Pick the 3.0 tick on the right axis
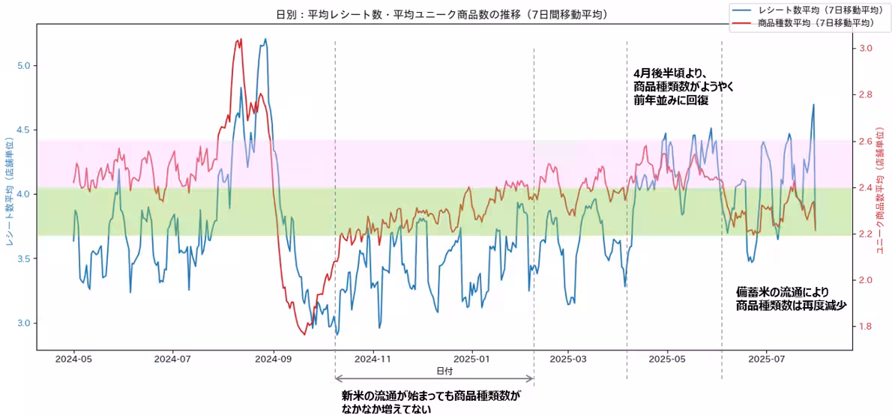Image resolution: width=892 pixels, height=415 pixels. pyautogui.click(x=866, y=48)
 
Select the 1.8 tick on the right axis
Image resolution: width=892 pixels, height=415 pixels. pyautogui.click(x=866, y=327)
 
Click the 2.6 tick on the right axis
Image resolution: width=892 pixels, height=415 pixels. pyautogui.click(x=866, y=141)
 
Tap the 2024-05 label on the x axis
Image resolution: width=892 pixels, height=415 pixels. pyautogui.click(x=74, y=360)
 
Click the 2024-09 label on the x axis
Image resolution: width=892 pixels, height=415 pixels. pyautogui.click(x=274, y=360)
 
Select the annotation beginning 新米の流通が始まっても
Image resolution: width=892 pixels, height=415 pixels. pyautogui.click(x=430, y=402)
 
